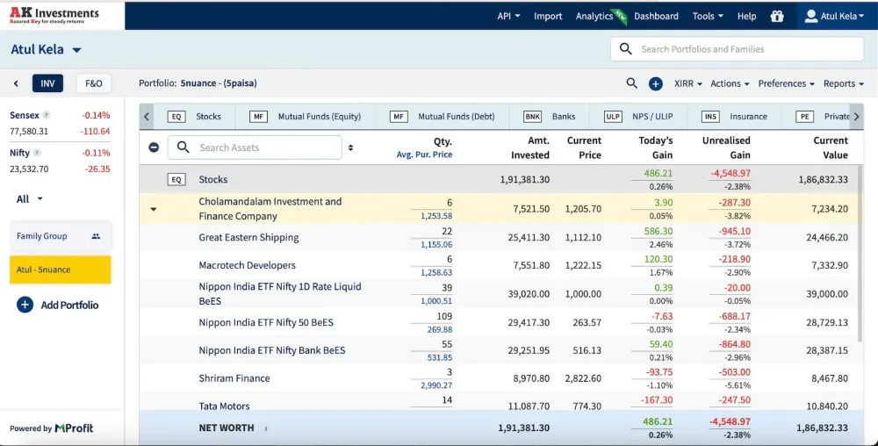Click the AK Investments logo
(54, 15)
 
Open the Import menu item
(548, 16)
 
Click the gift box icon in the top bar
(777, 16)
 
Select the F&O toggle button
(94, 83)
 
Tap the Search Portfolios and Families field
(737, 49)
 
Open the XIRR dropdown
(687, 83)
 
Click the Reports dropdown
(843, 83)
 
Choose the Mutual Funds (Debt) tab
(443, 117)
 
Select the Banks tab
(550, 117)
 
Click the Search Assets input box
(255, 147)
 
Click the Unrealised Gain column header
(726, 147)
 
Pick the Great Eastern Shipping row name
(248, 237)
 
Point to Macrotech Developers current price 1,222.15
(583, 265)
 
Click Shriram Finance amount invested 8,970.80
(531, 378)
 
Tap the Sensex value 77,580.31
(29, 132)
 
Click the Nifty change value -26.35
(98, 169)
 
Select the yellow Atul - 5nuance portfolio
(60, 270)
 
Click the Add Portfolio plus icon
(25, 305)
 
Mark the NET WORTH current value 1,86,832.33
(822, 428)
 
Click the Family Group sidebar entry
(60, 236)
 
